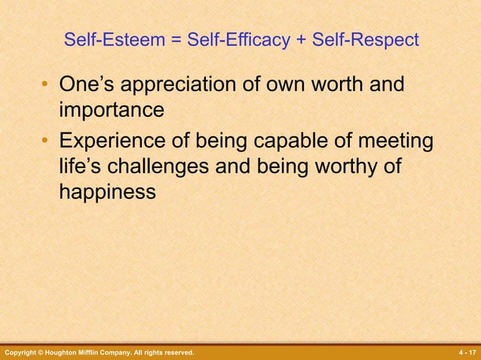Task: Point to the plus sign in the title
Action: [x=302, y=40]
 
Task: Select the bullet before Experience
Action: [x=46, y=141]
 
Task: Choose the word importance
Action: [x=112, y=110]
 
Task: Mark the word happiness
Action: [x=108, y=192]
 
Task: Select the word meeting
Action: [x=394, y=142]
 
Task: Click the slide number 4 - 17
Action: [x=466, y=352]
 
